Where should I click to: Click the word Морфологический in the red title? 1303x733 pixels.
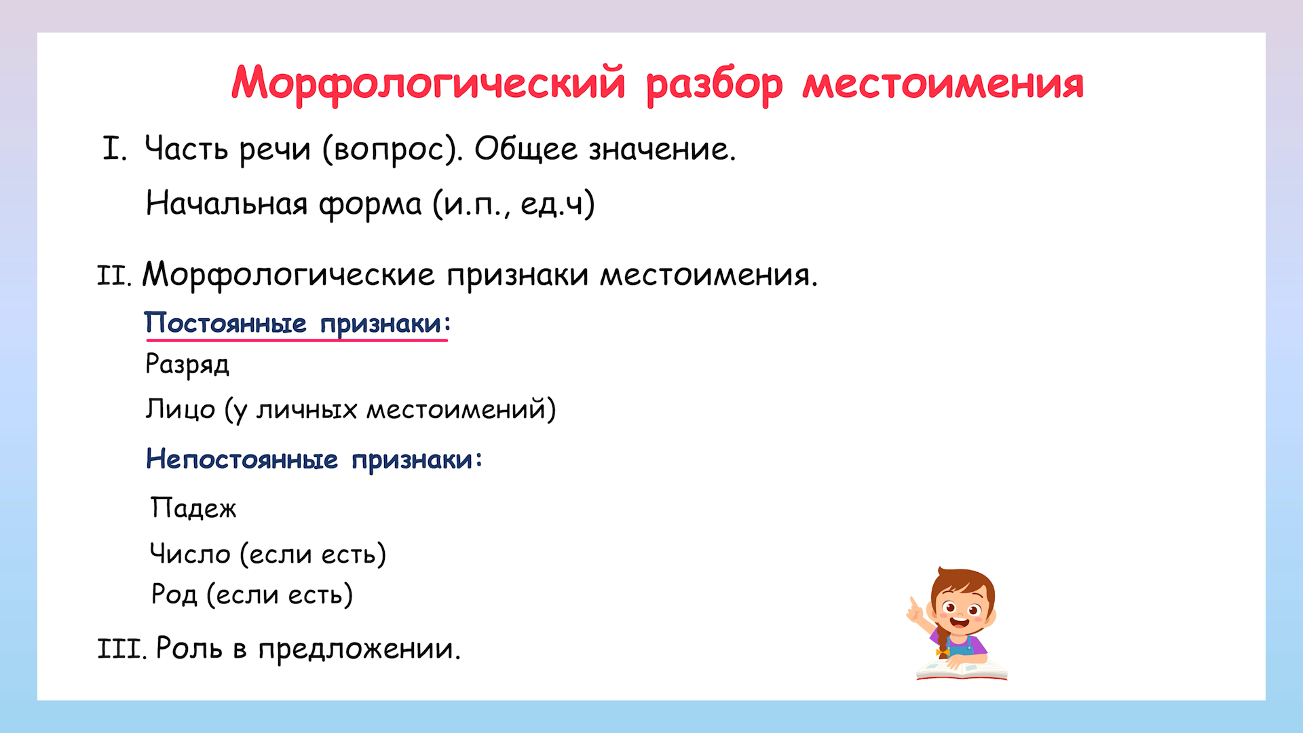[x=428, y=83]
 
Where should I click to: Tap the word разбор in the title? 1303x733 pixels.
[x=714, y=85]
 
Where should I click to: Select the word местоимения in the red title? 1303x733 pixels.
[x=943, y=83]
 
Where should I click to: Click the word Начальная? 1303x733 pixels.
[x=227, y=203]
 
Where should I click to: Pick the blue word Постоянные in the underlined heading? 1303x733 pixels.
[x=225, y=323]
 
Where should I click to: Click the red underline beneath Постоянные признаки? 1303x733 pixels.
[x=297, y=339]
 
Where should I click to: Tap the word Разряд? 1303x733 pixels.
[x=187, y=364]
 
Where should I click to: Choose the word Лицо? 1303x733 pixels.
[x=181, y=409]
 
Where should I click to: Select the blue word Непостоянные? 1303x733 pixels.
[x=242, y=459]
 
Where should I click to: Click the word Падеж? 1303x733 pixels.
[x=193, y=508]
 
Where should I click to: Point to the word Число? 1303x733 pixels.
[x=190, y=554]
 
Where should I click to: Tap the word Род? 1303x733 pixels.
[x=174, y=595]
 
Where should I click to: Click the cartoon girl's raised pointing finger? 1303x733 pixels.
[x=913, y=603]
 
